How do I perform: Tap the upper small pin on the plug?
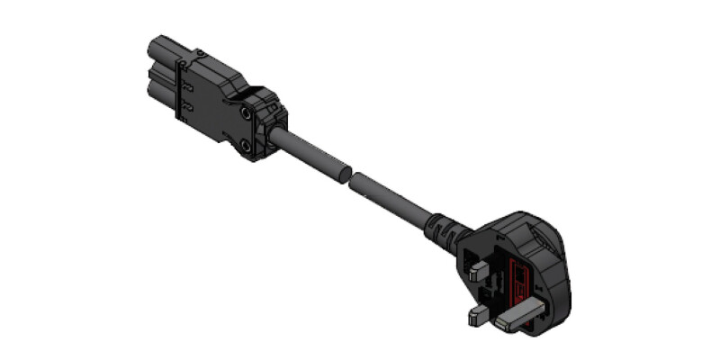pyautogui.click(x=478, y=268)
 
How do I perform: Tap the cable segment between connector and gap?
pyautogui.click(x=310, y=154)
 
